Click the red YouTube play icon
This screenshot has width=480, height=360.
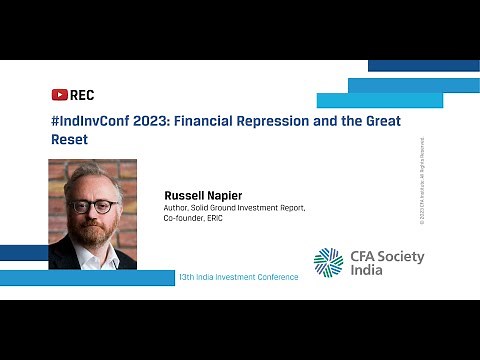point(59,95)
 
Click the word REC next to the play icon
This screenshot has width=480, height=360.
point(82,95)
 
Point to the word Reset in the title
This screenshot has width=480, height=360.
point(68,140)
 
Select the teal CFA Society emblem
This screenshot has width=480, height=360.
point(328,262)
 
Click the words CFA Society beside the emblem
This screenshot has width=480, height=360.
point(386,257)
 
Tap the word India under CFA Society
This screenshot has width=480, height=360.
point(368,273)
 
